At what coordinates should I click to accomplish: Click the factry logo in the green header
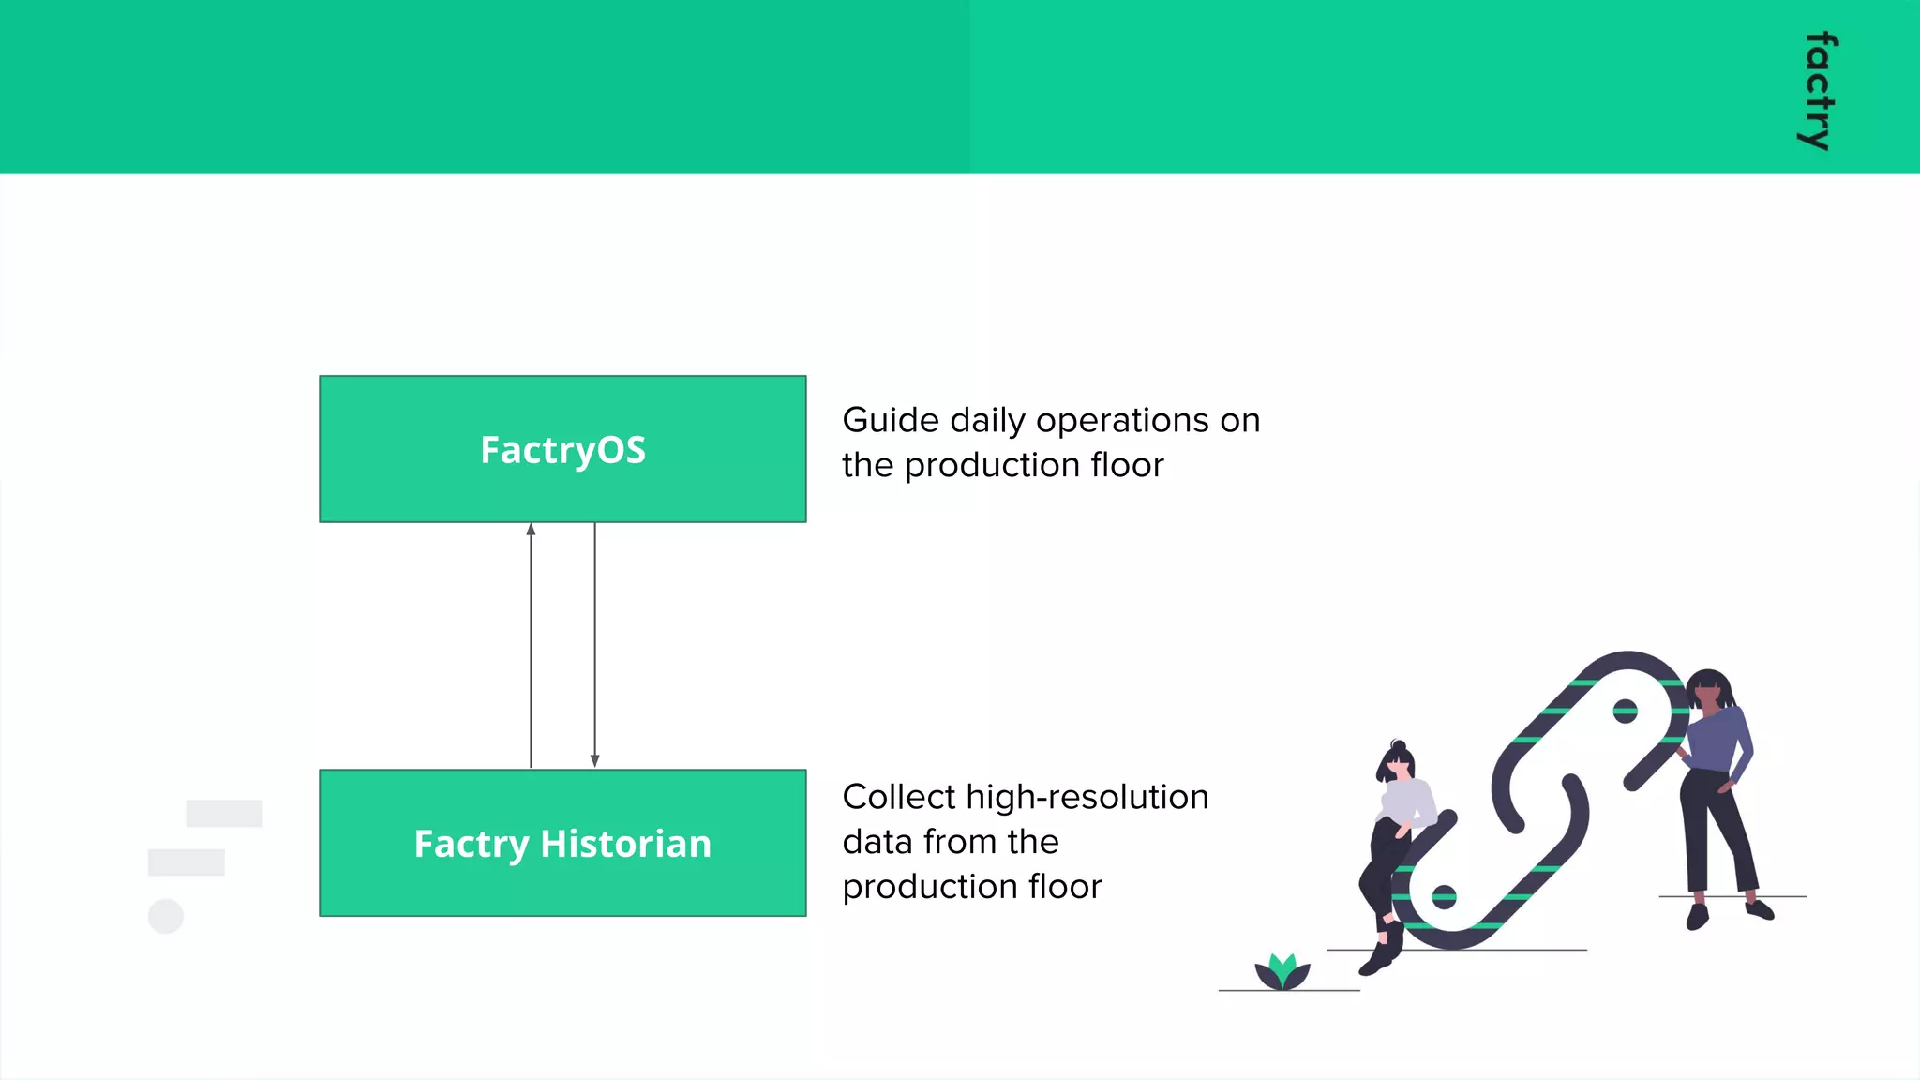(x=1819, y=91)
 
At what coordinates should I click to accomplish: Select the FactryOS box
(x=562, y=449)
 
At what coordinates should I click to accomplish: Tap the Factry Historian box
(x=562, y=843)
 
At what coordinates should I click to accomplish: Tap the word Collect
(x=898, y=797)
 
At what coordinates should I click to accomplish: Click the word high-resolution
(x=1087, y=797)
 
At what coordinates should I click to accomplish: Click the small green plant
(x=1282, y=972)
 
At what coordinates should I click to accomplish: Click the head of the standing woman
(x=1709, y=690)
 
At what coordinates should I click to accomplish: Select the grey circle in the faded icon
(x=166, y=916)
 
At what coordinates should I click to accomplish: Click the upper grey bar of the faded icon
(x=224, y=813)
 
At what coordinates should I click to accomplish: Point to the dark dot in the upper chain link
(x=1625, y=712)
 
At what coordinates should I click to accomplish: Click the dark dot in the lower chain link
(x=1444, y=897)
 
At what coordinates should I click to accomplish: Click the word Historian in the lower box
(x=625, y=844)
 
